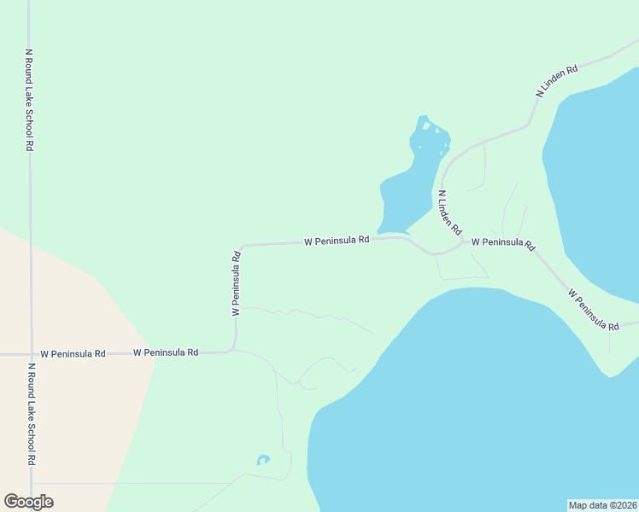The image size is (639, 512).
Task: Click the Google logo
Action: (28, 502)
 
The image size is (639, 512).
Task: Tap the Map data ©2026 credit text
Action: (602, 505)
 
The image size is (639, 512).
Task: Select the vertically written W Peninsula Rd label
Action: (235, 283)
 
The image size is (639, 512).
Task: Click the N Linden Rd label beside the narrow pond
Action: (449, 212)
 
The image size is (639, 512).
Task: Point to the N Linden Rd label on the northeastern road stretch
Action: (557, 79)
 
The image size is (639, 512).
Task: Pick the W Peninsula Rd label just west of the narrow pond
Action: (337, 241)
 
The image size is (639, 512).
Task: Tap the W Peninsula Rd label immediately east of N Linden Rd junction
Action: (502, 243)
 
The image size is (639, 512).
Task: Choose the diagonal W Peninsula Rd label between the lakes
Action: (593, 309)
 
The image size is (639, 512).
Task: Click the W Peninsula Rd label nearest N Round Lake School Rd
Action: (73, 352)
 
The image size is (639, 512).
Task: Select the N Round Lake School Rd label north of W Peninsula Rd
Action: (29, 100)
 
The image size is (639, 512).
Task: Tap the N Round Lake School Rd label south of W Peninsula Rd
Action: (31, 414)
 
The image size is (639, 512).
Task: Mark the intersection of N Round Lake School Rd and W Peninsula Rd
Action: (32, 353)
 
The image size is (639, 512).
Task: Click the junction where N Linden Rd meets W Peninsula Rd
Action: (464, 241)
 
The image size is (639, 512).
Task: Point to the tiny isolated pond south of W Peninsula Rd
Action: (263, 460)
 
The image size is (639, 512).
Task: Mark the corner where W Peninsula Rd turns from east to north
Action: (232, 349)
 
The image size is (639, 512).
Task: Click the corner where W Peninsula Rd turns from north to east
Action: (243, 247)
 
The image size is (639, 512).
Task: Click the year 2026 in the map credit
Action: (624, 505)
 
